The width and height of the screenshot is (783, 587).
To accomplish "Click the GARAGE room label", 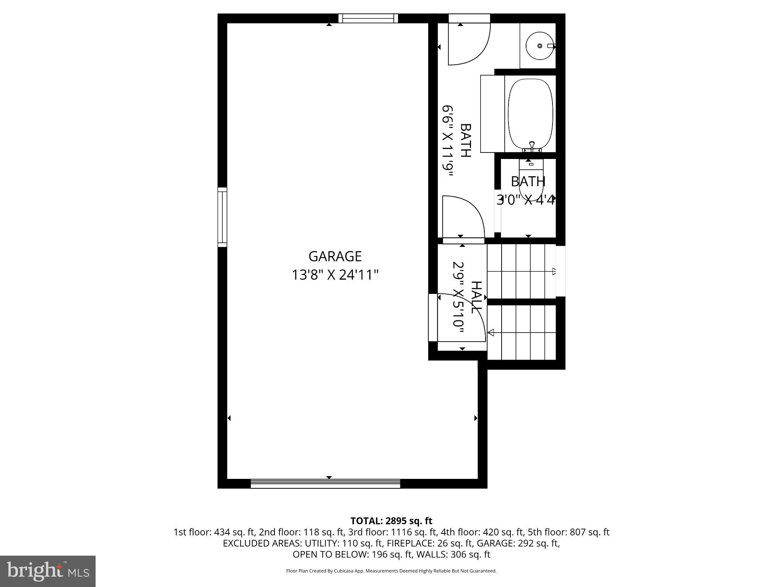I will (x=335, y=256).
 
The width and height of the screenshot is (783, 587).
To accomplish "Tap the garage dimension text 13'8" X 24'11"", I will (x=335, y=275).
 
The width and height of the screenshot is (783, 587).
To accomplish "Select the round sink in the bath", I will (x=539, y=45).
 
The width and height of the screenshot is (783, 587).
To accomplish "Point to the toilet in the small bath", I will (x=531, y=180).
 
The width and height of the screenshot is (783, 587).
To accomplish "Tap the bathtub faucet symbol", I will (x=532, y=146).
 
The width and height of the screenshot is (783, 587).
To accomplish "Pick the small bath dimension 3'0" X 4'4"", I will (x=526, y=199).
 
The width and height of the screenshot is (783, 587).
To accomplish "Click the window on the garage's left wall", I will (x=222, y=217).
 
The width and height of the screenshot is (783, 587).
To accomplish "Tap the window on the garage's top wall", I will (x=368, y=18).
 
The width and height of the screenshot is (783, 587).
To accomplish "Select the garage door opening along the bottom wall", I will (x=325, y=483).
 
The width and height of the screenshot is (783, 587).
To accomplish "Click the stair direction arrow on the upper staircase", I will (x=554, y=272).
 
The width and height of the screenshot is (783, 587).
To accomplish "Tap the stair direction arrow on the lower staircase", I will (x=491, y=332).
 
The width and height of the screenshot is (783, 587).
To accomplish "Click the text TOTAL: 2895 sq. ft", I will (x=391, y=521).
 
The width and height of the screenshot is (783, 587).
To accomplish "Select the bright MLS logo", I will (x=48, y=571).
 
